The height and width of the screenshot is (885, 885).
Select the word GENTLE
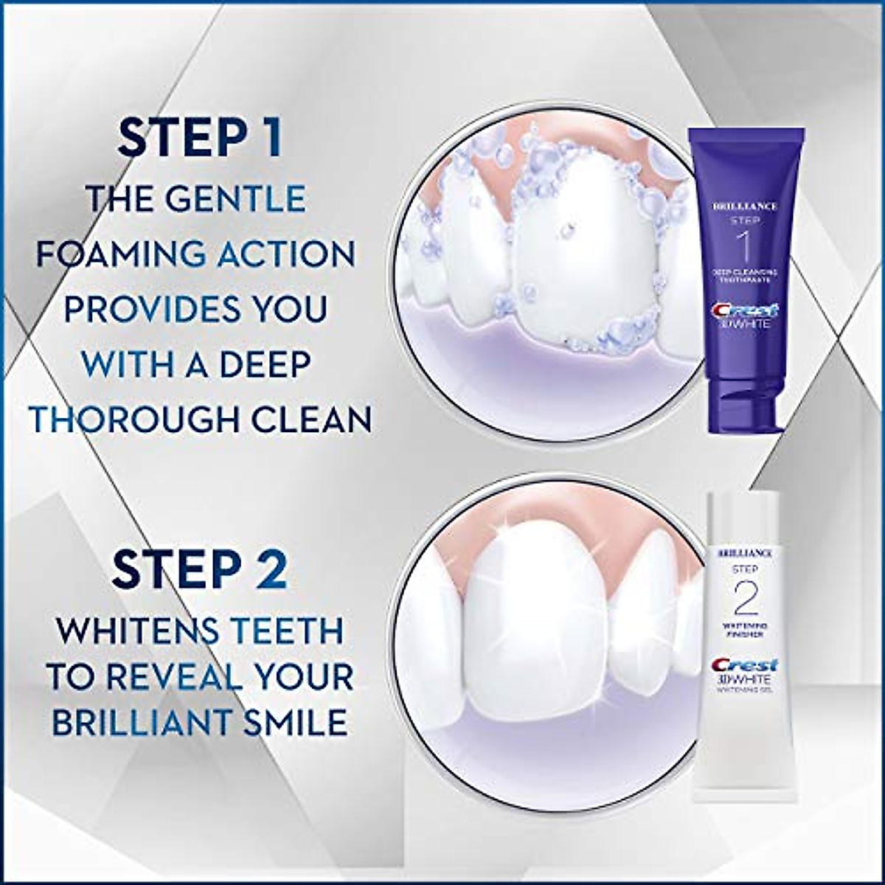(x=243, y=199)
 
